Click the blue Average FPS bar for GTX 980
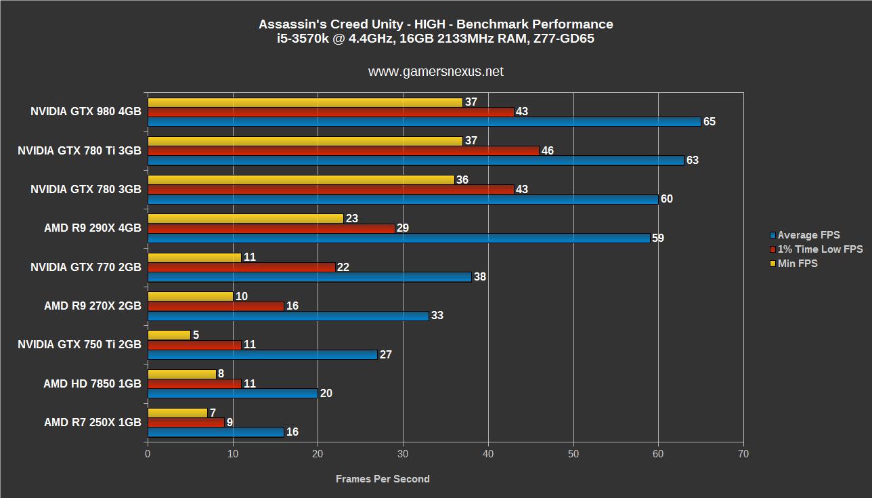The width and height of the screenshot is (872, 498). click(424, 122)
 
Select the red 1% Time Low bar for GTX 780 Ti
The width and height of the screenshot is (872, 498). click(343, 150)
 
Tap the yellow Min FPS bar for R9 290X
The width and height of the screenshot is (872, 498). click(246, 219)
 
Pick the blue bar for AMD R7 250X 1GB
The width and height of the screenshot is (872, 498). click(215, 432)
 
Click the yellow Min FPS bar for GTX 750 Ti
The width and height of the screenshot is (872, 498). click(169, 335)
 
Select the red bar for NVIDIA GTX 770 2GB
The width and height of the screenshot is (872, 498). click(241, 267)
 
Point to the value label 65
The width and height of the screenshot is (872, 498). click(709, 122)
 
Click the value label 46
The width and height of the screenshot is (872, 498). click(547, 150)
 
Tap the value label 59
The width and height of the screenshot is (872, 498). click(657, 238)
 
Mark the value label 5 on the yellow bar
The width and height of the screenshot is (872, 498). click(196, 335)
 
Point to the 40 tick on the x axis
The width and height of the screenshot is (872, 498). click(488, 453)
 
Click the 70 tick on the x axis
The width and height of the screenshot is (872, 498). click(743, 453)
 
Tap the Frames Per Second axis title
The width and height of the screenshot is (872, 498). click(383, 479)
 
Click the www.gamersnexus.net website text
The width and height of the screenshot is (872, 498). click(435, 72)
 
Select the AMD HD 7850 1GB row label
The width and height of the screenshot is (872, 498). click(92, 384)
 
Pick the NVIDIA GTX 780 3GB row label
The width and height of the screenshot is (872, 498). click(85, 190)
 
